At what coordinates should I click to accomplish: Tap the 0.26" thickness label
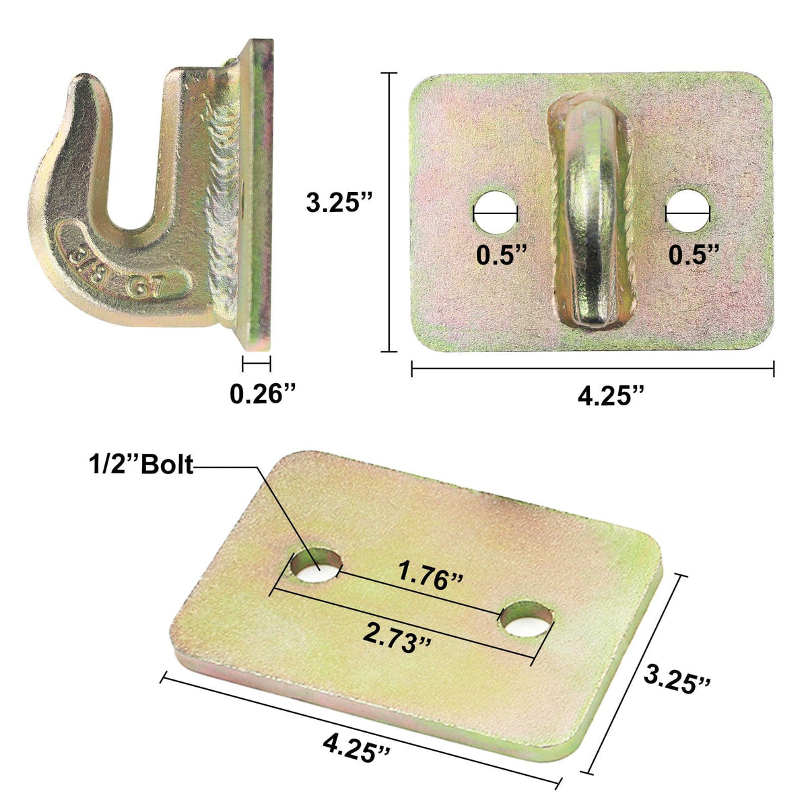pos(263,393)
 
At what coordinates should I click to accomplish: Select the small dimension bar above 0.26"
pos(256,364)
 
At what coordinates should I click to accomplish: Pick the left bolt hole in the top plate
pos(495,212)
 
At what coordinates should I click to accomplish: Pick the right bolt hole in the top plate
pos(687,212)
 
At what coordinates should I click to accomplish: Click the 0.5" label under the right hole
pos(694,255)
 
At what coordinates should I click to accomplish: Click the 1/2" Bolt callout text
pos(140,465)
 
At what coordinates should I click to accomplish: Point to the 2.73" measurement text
pos(397,635)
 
